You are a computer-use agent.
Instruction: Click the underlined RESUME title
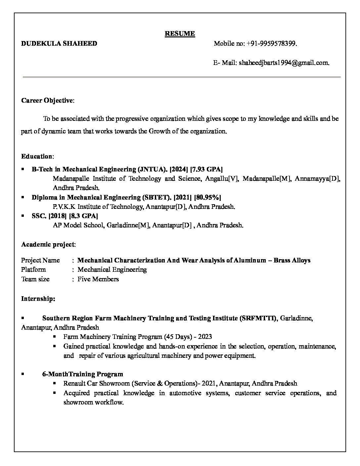coord(180,33)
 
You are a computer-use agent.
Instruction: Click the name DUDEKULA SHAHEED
coord(59,43)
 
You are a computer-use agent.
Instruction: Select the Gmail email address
coord(284,63)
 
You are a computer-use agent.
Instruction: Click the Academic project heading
coord(48,245)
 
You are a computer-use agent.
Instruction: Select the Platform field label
coord(33,269)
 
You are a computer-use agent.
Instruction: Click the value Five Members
coord(98,279)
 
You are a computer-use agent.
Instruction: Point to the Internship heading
coord(38,299)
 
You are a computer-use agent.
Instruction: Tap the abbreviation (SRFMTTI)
coord(258,318)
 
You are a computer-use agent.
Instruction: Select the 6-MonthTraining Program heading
coord(82,374)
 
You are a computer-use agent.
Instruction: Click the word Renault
coord(74,384)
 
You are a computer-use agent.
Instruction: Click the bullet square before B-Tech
coord(22,169)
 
